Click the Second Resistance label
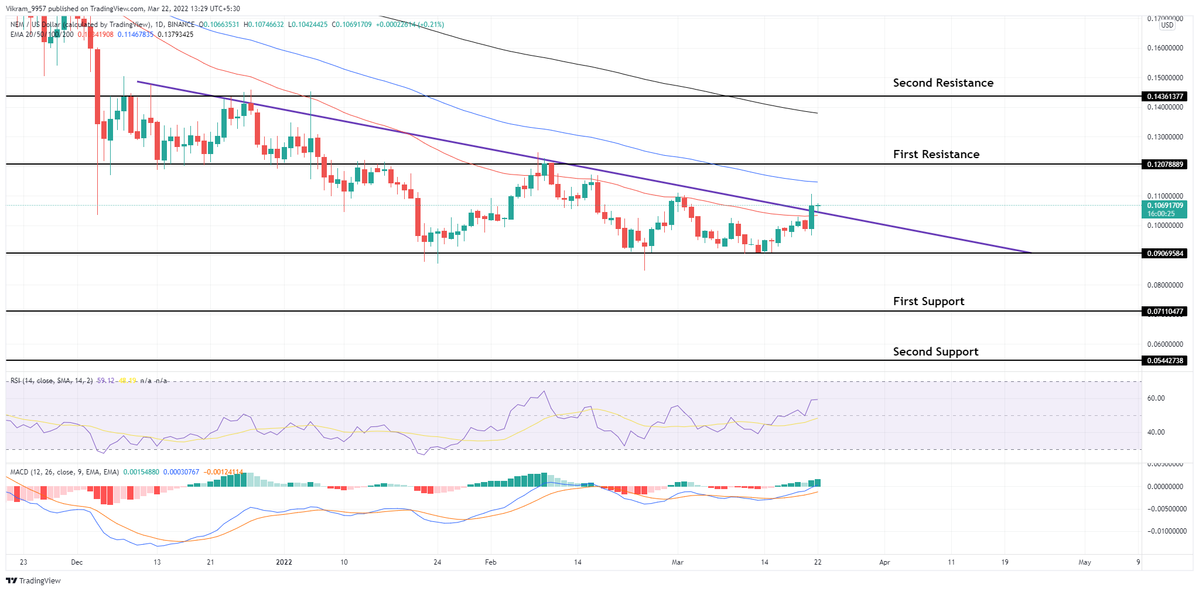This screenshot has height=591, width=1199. [942, 83]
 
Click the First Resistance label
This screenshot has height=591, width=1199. [935, 155]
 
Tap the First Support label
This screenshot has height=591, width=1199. [928, 302]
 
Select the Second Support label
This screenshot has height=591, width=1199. [935, 352]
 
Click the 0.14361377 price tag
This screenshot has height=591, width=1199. [1164, 96]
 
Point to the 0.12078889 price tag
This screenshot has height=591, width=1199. [1164, 165]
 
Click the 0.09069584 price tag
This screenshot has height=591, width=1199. [1164, 254]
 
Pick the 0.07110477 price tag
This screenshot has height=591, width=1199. [1164, 312]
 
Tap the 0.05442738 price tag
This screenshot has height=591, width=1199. [1164, 361]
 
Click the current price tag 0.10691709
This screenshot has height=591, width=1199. [1164, 206]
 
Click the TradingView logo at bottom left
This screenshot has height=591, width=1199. [33, 580]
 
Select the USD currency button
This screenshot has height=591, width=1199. [1167, 25]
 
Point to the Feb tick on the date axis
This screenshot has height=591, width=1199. [490, 562]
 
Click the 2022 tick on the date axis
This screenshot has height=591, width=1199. [283, 562]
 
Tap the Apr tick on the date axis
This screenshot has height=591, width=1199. [884, 562]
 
